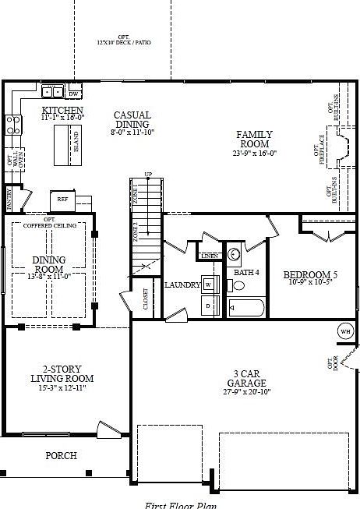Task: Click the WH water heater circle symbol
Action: click(345, 331)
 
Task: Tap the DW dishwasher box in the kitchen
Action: click(75, 94)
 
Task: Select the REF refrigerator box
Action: click(62, 200)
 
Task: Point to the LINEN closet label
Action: click(209, 256)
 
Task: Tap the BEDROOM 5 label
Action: click(310, 275)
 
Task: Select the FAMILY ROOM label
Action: click(254, 140)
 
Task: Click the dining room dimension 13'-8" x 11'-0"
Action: click(48, 276)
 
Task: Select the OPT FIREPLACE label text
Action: click(320, 149)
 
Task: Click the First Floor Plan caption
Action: click(181, 504)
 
